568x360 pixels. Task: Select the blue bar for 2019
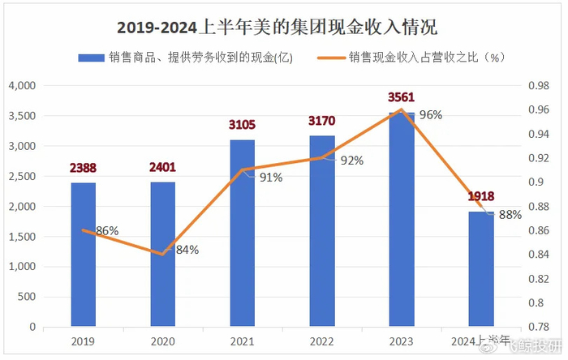(83, 255)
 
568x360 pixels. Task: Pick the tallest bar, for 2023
(401, 219)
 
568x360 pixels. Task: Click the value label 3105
(242, 125)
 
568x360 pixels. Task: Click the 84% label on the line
(187, 250)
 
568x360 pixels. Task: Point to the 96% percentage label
(430, 115)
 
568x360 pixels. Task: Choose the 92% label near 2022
(351, 161)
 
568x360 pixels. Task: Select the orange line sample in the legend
(329, 58)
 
